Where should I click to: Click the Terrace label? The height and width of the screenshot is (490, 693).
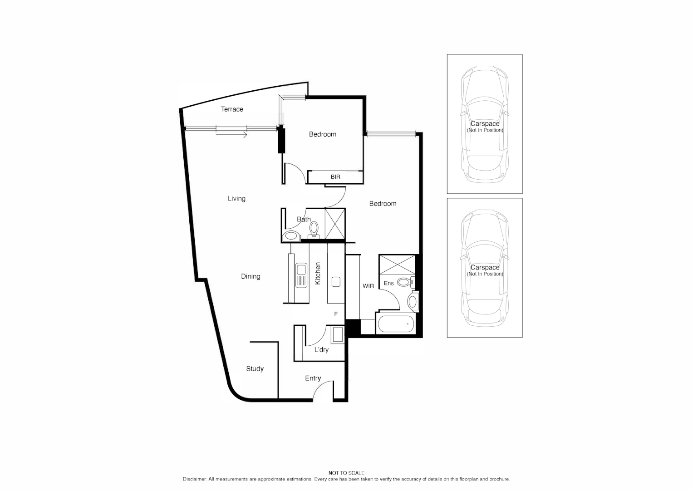(232, 109)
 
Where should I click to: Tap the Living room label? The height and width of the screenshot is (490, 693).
(236, 198)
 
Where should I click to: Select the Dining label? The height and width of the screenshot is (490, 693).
(251, 276)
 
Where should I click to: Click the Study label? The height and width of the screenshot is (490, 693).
(255, 369)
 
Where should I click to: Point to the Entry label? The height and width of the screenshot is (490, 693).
(313, 378)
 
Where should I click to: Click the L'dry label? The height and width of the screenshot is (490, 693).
(321, 350)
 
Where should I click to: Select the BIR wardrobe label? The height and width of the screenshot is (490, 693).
(335, 176)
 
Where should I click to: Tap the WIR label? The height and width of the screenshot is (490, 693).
(368, 286)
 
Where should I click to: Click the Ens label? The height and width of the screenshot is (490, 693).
(389, 283)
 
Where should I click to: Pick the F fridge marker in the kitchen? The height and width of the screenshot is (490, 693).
(336, 314)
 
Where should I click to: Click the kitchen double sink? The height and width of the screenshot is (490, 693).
(301, 276)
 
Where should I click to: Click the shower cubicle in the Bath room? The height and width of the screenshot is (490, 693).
(335, 224)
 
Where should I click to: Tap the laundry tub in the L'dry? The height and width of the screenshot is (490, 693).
(337, 335)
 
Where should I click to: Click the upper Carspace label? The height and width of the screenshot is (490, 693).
(485, 123)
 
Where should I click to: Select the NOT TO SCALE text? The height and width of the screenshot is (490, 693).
(346, 473)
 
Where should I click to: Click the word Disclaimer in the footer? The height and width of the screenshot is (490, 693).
(195, 479)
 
